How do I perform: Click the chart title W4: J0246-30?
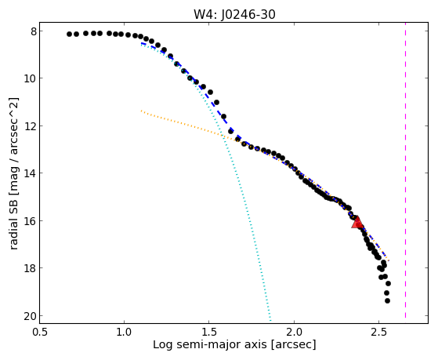coord(234,14)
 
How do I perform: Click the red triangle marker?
coord(357,222)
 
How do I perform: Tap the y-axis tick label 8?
coord(34,31)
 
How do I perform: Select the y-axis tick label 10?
coord(31,78)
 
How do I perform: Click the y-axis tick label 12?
coord(31,126)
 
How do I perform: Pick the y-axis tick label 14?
coord(31,173)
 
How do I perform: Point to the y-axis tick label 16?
coord(31,221)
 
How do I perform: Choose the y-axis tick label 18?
coord(31,268)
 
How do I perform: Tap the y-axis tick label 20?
coord(31,316)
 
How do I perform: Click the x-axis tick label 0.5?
coord(40,332)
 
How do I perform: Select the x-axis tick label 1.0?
coord(125,332)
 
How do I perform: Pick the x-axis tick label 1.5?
coord(209,332)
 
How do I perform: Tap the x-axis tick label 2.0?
coord(294,332)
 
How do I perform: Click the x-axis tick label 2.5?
coord(378,332)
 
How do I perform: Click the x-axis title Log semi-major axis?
coord(210,345)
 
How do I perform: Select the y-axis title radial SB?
coord(13,221)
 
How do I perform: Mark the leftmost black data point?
coord(69,35)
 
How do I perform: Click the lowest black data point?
coord(387,300)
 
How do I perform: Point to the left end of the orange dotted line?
coord(141,111)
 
